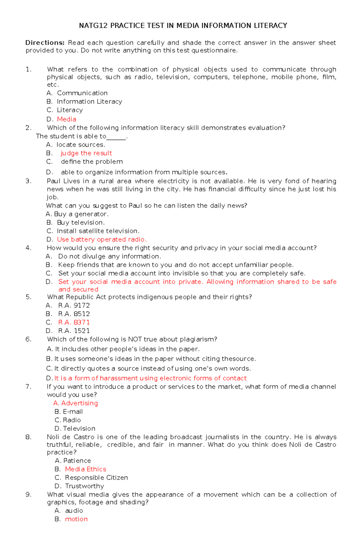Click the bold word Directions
[x=45, y=43]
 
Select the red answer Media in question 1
[x=67, y=119]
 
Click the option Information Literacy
[x=89, y=102]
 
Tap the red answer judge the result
[x=86, y=153]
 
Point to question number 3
[x=28, y=181]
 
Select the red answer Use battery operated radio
[x=102, y=239]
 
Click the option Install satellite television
[x=98, y=231]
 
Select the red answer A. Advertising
[x=76, y=403]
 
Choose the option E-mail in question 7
[x=73, y=412]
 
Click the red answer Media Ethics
[x=85, y=469]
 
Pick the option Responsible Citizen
[x=96, y=477]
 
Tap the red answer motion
[x=76, y=519]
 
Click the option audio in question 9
[x=74, y=510]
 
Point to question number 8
[x=28, y=437]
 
